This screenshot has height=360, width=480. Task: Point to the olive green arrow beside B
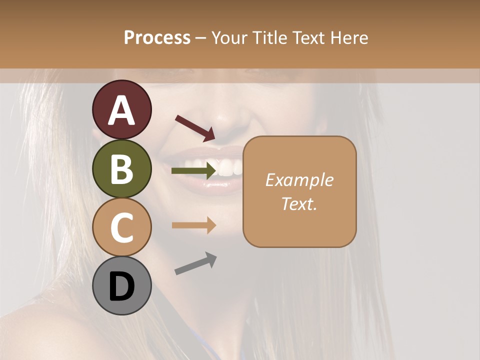pos(194,171)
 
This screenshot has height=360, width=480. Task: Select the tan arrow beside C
pos(194,225)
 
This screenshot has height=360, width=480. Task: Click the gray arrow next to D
pos(195,263)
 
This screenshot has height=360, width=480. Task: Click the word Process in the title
pos(157,38)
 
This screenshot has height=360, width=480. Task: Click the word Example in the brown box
pos(299,180)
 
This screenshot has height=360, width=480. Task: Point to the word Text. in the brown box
pos(299,203)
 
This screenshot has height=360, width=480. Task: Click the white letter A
pos(121,110)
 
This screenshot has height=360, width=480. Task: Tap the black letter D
pos(121,286)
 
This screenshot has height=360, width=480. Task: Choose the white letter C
pos(121,228)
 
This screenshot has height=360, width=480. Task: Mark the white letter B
pos(121,169)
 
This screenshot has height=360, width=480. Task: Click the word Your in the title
pos(228,38)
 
